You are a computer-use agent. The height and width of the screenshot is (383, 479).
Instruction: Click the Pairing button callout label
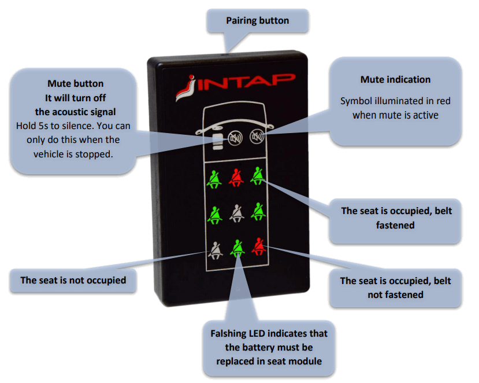tap(257, 21)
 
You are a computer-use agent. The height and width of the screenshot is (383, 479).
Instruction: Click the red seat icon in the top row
tap(236, 177)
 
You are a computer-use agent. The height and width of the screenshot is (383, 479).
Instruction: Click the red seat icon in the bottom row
tap(258, 248)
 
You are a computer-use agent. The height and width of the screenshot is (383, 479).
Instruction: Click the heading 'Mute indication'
tap(395, 80)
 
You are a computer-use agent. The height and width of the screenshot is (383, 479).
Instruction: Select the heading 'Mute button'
tap(75, 84)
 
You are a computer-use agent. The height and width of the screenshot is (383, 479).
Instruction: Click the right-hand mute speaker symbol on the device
tap(255, 137)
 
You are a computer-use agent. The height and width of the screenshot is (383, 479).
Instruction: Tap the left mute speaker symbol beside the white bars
tap(235, 139)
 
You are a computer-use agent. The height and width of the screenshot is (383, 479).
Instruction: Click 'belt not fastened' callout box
tap(395, 288)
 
